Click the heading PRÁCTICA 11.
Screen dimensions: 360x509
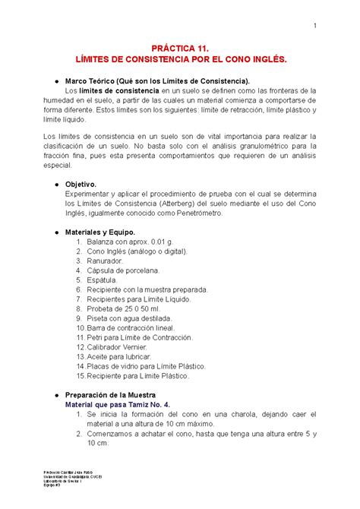point(180,47)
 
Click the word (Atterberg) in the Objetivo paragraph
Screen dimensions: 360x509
point(167,203)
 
